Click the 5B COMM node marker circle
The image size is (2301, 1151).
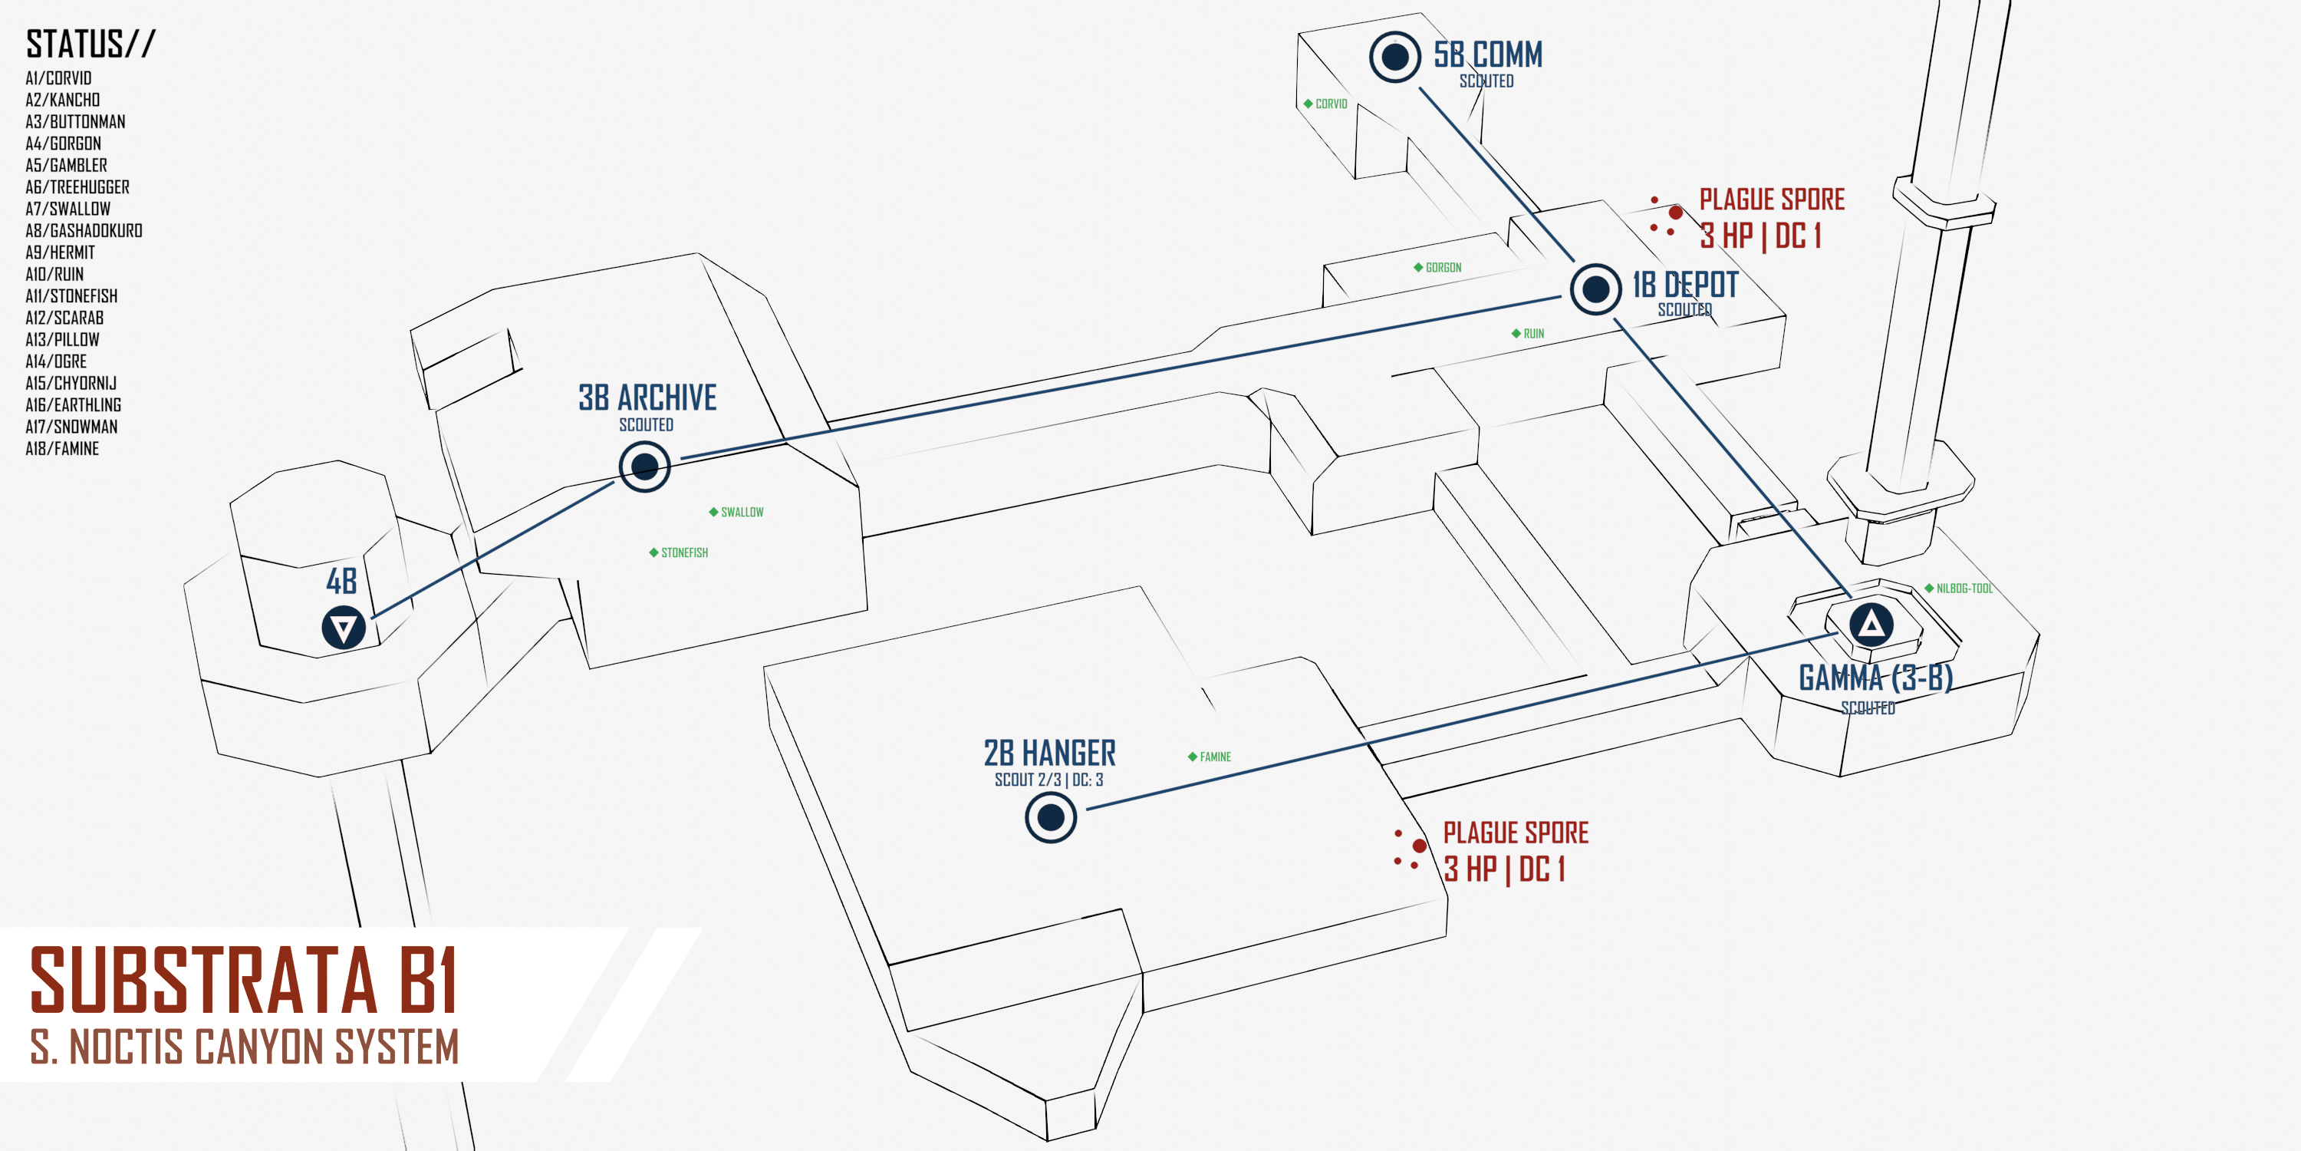pos(1394,58)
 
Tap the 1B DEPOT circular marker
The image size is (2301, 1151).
pos(1595,289)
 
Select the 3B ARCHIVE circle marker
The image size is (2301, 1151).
pos(644,466)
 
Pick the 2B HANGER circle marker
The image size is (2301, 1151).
pos(1051,816)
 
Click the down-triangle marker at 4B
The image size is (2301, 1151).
pos(343,628)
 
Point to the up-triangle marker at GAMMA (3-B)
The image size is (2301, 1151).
pos(1871,624)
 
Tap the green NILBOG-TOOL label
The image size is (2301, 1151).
pos(1964,588)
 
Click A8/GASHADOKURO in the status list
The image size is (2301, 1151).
pos(84,230)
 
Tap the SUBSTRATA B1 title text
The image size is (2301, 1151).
pos(244,981)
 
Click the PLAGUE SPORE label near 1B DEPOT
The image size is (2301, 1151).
pos(1771,200)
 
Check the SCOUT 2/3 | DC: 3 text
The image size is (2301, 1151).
pos(1048,780)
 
